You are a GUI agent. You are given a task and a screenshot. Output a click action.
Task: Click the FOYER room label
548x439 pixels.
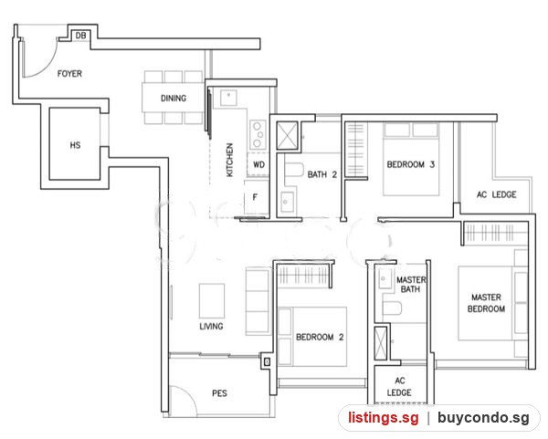click(69, 74)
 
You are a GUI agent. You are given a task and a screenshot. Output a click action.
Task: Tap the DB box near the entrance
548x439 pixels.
click(80, 36)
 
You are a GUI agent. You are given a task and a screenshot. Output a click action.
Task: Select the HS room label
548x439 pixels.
click(75, 145)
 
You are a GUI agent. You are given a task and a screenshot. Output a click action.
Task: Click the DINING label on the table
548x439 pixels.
click(174, 99)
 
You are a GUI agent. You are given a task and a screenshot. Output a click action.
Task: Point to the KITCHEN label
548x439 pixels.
click(229, 160)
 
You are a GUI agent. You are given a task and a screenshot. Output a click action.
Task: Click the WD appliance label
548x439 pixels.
click(258, 164)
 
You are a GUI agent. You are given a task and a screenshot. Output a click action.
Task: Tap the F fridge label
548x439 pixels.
click(255, 197)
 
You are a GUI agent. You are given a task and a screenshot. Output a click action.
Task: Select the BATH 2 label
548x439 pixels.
click(321, 174)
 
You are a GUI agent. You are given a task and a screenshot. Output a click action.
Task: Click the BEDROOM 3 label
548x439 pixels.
click(411, 164)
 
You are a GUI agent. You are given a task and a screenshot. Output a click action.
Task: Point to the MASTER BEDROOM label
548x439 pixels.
click(486, 303)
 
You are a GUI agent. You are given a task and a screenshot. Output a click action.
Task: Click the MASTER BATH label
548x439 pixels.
click(411, 284)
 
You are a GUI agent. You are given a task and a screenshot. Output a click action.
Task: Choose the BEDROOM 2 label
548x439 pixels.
click(320, 337)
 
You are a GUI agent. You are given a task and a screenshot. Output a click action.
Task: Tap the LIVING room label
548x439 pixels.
click(211, 326)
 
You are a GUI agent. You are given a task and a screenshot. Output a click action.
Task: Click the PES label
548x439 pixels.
click(219, 393)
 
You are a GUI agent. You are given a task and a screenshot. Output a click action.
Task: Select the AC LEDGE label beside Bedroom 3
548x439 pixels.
click(496, 194)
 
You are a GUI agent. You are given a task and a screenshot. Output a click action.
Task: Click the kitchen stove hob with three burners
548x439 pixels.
click(258, 134)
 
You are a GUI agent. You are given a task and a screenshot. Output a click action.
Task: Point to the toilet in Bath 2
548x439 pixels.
click(293, 170)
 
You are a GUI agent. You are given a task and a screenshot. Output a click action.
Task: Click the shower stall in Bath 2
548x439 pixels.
click(287, 135)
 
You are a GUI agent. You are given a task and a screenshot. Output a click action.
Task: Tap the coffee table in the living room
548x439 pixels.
click(212, 300)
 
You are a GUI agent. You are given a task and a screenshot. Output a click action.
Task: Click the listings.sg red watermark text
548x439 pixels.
click(383, 418)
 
